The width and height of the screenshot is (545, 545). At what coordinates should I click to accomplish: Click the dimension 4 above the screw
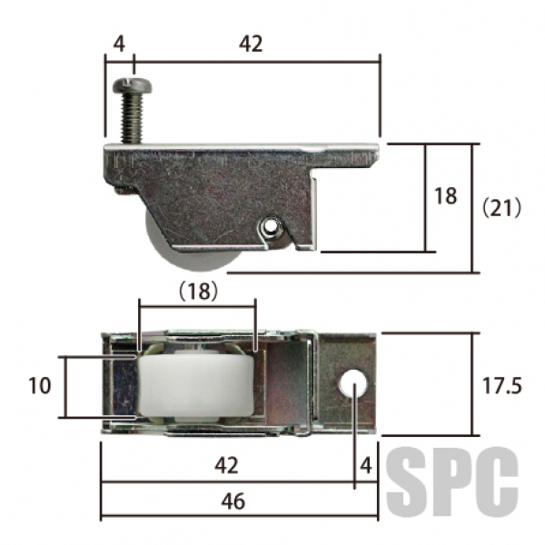119,45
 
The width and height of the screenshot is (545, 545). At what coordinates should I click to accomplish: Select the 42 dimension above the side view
251,45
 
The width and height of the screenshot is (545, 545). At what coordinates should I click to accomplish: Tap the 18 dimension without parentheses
446,195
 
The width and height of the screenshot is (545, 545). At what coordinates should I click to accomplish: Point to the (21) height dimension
501,208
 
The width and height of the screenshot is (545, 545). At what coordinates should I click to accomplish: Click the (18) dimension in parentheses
198,291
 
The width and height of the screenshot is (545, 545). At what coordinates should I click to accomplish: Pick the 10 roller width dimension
40,386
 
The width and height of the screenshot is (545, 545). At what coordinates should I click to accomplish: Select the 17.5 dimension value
502,386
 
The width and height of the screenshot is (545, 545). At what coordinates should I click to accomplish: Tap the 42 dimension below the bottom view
226,465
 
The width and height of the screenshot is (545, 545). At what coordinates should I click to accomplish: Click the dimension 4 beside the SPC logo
366,465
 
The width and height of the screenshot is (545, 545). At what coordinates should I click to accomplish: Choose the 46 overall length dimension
233,501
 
